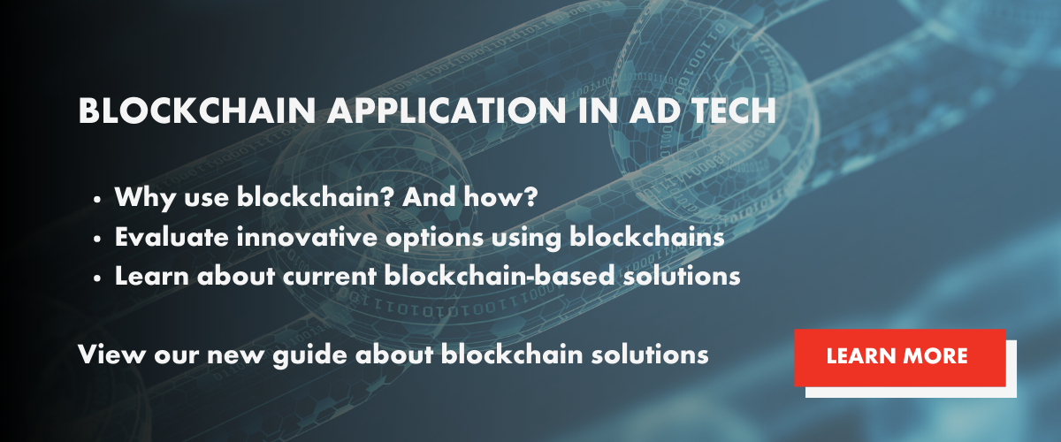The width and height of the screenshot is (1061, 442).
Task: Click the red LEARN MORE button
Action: [x=900, y=358]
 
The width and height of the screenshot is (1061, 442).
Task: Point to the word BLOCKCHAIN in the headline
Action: [x=197, y=110]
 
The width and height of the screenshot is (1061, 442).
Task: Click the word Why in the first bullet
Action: [x=145, y=197]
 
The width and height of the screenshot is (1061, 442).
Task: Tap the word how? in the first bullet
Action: [x=501, y=196]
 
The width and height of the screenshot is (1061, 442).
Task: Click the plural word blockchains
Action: [x=647, y=236]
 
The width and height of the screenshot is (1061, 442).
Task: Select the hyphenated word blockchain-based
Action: [x=500, y=275]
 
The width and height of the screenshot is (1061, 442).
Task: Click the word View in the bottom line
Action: [x=112, y=354]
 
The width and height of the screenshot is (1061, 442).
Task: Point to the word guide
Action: [x=309, y=355]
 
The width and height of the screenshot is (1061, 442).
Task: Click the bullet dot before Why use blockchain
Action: [x=97, y=200]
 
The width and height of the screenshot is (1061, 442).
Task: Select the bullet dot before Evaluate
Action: [x=97, y=240]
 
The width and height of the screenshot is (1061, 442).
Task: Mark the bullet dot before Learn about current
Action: [x=97, y=278]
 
